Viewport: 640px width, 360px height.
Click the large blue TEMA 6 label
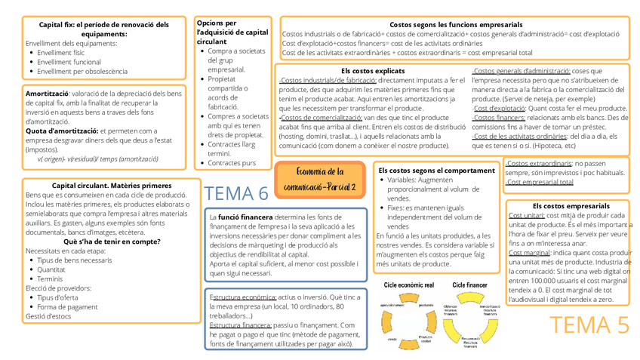click(236, 194)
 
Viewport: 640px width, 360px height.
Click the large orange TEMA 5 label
click(589, 325)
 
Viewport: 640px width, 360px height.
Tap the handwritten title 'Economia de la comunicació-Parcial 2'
click(321, 179)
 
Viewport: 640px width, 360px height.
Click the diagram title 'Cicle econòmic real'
click(408, 285)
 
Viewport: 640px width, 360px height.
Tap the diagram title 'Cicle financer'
click(469, 285)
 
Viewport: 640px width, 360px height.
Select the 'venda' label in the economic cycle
click(392, 340)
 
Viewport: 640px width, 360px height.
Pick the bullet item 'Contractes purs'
click(232, 163)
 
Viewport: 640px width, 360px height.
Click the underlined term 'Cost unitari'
click(526, 215)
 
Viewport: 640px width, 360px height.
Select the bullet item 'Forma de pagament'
click(68, 306)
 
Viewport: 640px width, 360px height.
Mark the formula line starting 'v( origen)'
click(97, 158)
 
